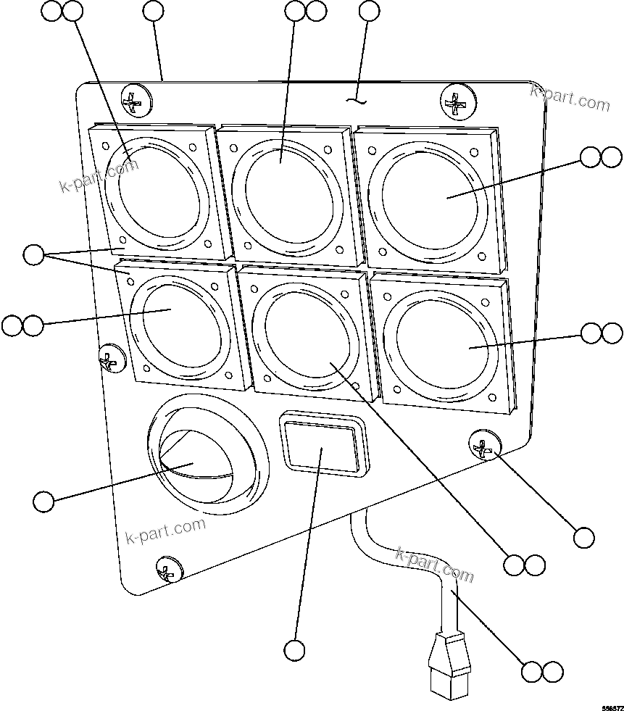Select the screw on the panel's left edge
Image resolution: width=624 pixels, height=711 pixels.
(x=110, y=358)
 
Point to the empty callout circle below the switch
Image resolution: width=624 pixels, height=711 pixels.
(x=294, y=650)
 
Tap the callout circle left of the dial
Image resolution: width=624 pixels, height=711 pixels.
(x=44, y=501)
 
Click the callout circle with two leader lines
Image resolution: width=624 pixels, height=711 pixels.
(x=33, y=254)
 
